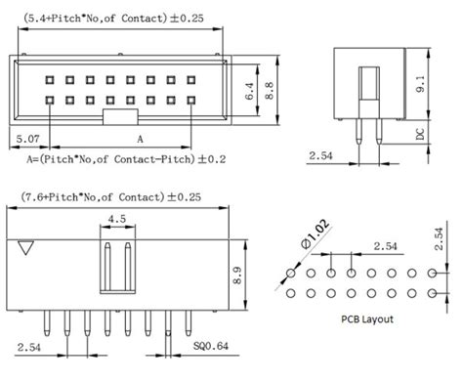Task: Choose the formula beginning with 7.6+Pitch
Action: pos(122,197)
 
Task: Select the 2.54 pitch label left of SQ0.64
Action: pos(28,347)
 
